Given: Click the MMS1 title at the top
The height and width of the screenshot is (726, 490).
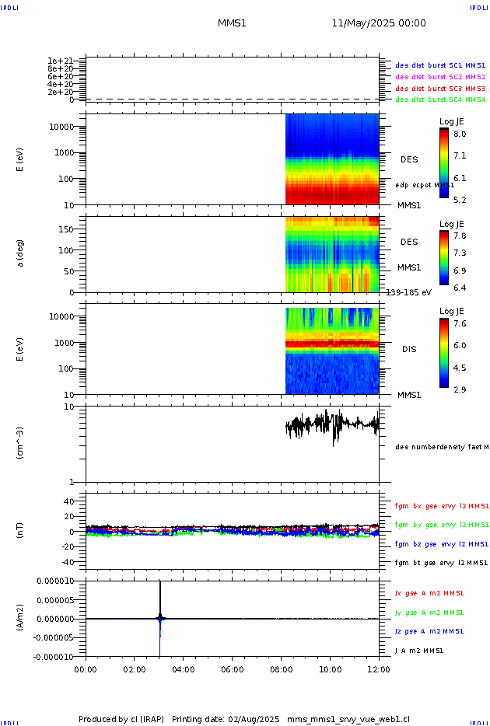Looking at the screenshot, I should click(232, 23).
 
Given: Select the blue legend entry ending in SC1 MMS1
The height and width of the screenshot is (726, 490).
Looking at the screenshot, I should click(440, 65).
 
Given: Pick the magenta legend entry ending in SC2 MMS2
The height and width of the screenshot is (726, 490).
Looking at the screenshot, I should click(440, 77).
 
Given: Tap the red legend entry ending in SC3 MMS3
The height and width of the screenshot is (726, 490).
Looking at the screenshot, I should click(440, 88).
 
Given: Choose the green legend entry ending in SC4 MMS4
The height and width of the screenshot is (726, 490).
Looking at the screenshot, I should click(440, 99).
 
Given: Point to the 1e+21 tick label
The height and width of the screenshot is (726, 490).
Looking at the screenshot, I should click(60, 61).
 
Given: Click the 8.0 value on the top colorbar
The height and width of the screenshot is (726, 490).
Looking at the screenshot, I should click(460, 134).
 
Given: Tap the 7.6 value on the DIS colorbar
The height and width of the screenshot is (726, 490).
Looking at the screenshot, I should click(460, 324).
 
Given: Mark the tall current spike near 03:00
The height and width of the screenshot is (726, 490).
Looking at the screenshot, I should click(159, 599).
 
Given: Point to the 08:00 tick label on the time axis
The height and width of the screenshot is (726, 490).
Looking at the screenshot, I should click(281, 668).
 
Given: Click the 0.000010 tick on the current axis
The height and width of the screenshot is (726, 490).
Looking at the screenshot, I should click(56, 581).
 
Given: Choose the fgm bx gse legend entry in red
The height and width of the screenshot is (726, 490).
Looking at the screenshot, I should click(441, 506).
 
